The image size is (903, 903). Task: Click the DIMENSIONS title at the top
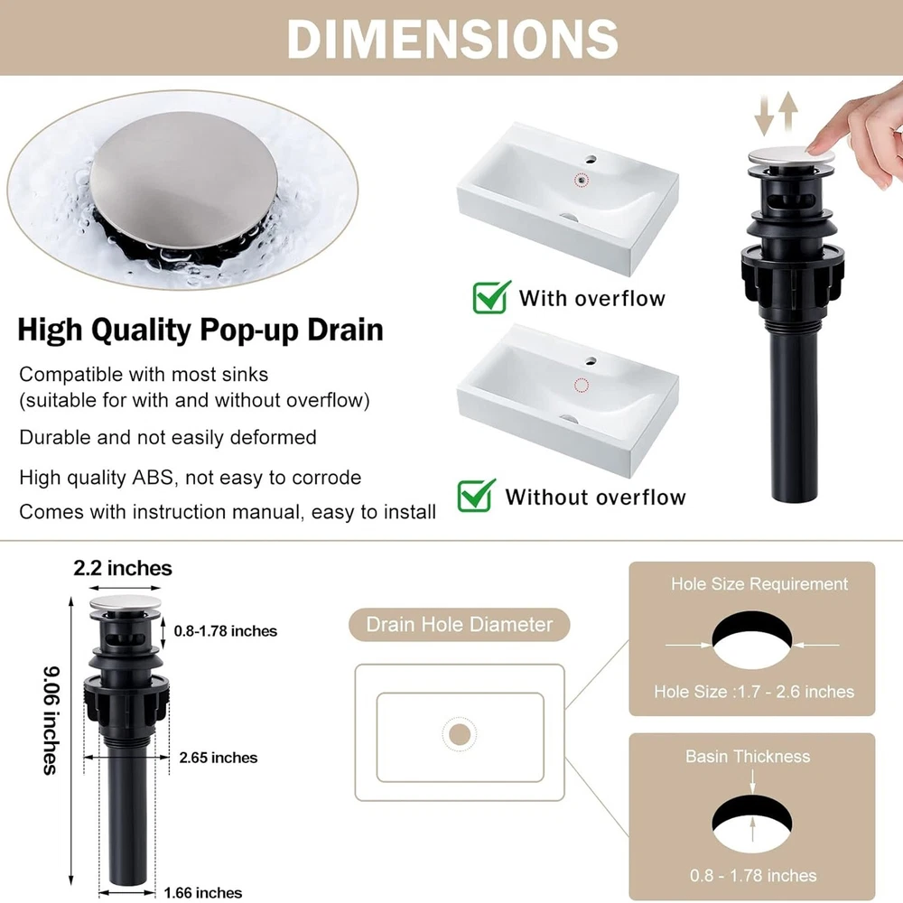pos(452,39)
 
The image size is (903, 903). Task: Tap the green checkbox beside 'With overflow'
pos(491,297)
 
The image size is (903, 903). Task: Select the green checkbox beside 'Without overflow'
pos(476,495)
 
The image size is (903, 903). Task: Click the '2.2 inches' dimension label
pos(123,568)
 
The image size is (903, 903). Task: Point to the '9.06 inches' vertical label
pos(51,720)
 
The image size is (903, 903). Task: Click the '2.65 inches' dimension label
pos(219,758)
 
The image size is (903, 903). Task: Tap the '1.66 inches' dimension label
pos(202,893)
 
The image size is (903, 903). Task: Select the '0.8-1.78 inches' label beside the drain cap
pos(225,631)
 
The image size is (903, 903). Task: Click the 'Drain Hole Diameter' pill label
pos(459,624)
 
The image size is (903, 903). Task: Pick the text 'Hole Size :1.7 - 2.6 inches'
pos(754,691)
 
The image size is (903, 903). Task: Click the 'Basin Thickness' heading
pos(748,756)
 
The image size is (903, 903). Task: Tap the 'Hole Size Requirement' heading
pos(759,584)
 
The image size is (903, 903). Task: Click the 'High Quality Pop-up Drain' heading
pos(200,330)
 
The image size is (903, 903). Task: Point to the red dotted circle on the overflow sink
pos(582,181)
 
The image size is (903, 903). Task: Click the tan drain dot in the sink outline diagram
pos(459,734)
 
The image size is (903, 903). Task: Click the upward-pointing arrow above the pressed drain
pos(788,112)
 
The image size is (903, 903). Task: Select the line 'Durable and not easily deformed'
pos(168,438)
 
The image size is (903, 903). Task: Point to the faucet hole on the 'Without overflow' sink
pos(591,362)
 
